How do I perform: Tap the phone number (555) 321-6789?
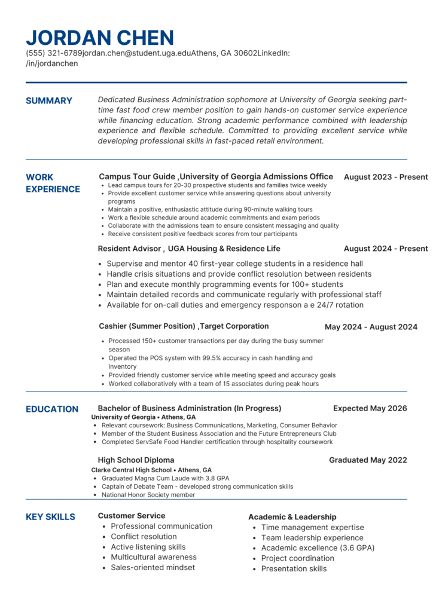(53, 53)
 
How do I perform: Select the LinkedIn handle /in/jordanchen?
(51, 63)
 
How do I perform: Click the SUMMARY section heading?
(49, 100)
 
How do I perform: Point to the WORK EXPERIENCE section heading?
(53, 183)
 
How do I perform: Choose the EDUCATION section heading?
(52, 409)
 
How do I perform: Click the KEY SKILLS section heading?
(50, 516)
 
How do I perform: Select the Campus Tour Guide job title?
(137, 176)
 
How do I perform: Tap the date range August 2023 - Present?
(386, 177)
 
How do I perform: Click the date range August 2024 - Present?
(386, 249)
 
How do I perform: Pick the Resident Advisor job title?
(129, 249)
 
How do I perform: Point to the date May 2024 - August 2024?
(371, 327)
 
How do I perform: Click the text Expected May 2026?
(370, 408)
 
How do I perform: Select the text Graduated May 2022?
(368, 460)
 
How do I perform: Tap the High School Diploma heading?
(136, 460)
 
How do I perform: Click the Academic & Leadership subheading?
(292, 517)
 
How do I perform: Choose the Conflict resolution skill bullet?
(144, 537)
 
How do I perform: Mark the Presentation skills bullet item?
(294, 569)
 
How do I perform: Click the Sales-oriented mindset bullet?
(153, 568)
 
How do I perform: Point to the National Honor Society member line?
(148, 495)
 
